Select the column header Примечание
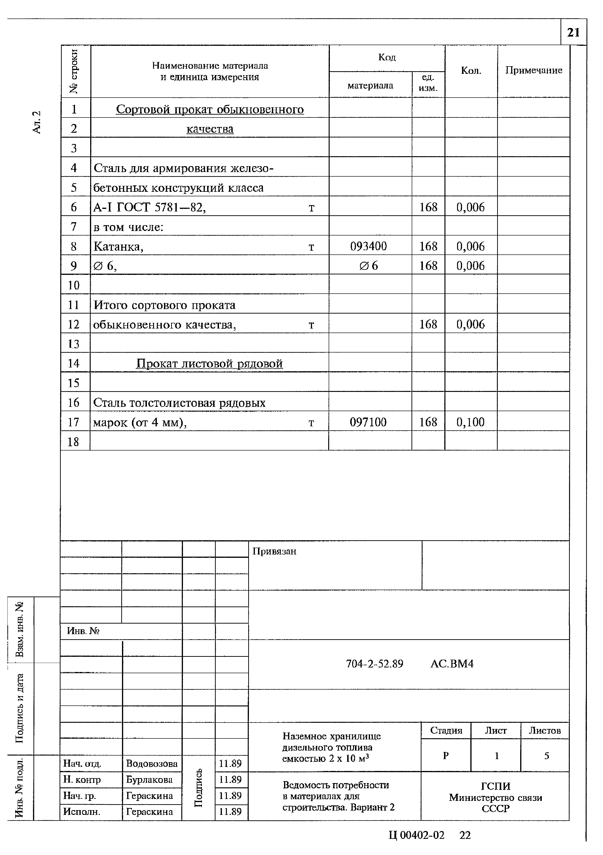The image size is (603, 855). tap(533, 70)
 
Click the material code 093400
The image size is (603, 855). tap(369, 246)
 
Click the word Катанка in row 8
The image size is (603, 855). tap(118, 247)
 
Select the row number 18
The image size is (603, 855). tap(73, 442)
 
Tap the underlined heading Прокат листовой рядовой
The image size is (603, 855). tap(209, 363)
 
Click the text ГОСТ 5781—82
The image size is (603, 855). tap(161, 207)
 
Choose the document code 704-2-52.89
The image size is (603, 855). tap(374, 664)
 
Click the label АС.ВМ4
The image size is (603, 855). tap(452, 664)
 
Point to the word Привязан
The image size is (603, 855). tap(274, 551)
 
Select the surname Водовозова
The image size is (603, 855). tap(152, 764)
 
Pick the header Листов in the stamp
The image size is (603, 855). tap(545, 731)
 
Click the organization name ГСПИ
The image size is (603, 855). tap(495, 786)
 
